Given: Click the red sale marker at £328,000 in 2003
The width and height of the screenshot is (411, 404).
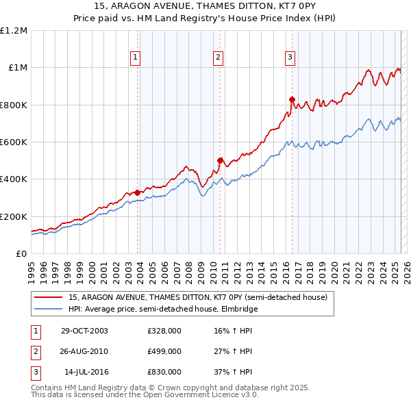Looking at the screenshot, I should pos(138,192).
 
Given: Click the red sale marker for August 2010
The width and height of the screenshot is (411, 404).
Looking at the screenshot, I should pos(220,161).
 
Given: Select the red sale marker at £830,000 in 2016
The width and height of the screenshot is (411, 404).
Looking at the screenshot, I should pos(292,99).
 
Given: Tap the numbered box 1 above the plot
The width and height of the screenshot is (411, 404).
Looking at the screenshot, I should pos(136,58).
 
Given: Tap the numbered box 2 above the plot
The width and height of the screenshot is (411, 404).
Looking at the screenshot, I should pos(218,58).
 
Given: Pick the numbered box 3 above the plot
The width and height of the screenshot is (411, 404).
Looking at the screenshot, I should pos(290,58).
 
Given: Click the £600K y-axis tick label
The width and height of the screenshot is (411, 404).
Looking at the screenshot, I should pos(14,142).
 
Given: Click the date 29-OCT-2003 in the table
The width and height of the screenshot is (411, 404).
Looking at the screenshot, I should pos(84,331).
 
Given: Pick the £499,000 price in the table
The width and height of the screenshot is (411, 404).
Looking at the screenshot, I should pos(164,351).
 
